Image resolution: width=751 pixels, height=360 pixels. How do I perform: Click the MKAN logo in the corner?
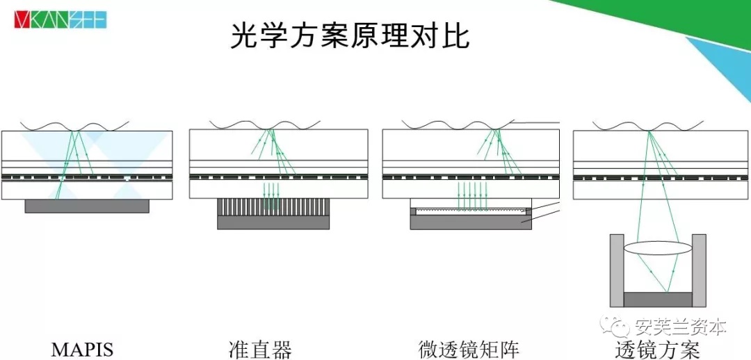60,19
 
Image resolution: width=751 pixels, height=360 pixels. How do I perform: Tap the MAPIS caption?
82,349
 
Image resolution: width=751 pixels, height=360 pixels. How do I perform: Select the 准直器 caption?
260,349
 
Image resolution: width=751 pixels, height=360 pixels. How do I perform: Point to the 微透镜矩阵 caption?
469,349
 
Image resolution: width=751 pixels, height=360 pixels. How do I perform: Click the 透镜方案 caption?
657,349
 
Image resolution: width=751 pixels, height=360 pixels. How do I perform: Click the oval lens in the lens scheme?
657,248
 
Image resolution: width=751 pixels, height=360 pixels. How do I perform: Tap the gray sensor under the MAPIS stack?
87,206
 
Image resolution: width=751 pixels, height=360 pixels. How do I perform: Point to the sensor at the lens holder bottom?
658,300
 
